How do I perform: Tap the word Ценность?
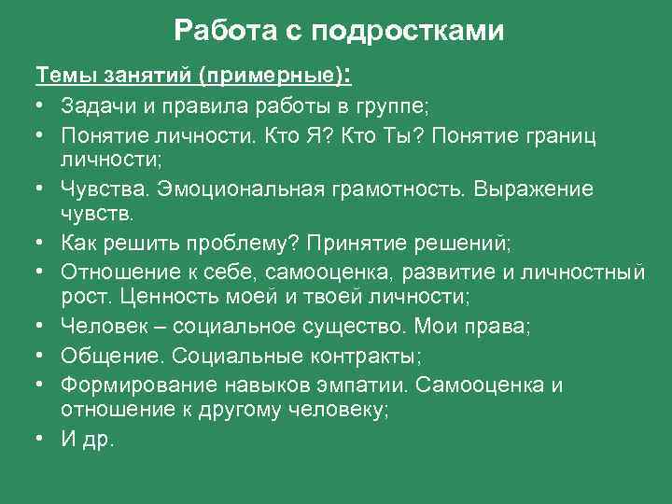coord(175,298)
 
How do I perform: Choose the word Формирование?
coord(139,385)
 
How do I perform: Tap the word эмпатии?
coord(357,385)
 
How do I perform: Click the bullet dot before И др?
coord(43,439)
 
